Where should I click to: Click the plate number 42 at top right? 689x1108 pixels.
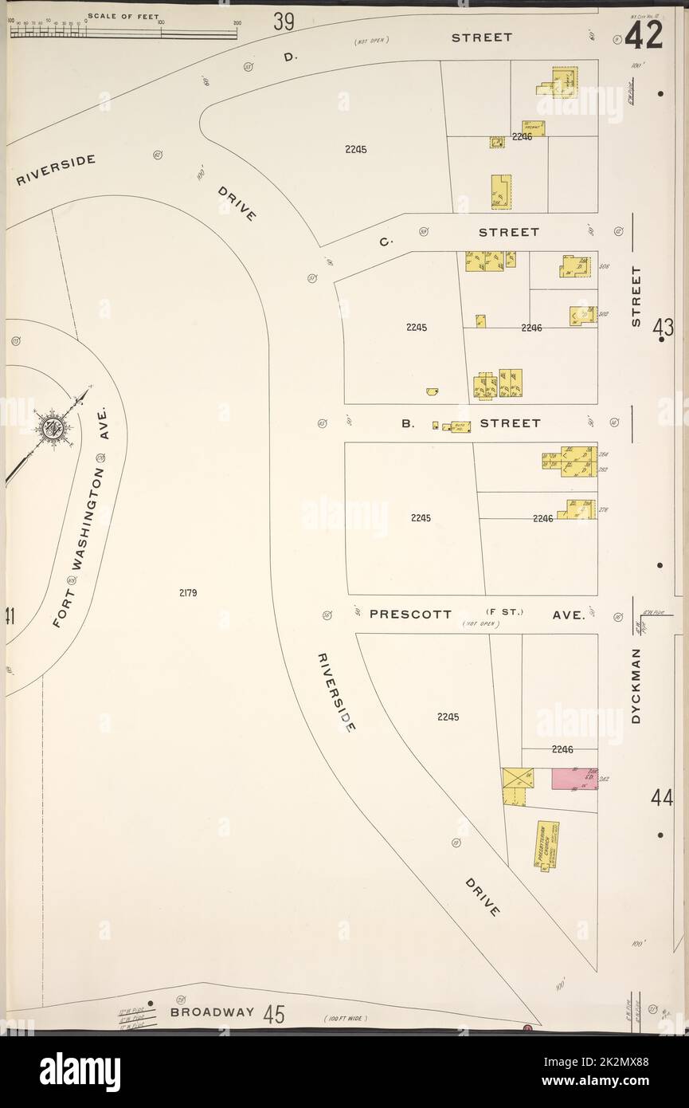coord(644,35)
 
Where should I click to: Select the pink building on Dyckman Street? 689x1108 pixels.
coord(574,779)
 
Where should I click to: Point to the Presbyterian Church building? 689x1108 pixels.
coord(547,846)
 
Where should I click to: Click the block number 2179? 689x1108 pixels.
coord(188,592)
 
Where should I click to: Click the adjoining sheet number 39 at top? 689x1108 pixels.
coord(284,22)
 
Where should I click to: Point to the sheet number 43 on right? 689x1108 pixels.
coord(663,328)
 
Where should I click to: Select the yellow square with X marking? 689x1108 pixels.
coord(511,778)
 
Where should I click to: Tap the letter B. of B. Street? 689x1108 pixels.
coord(408,423)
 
